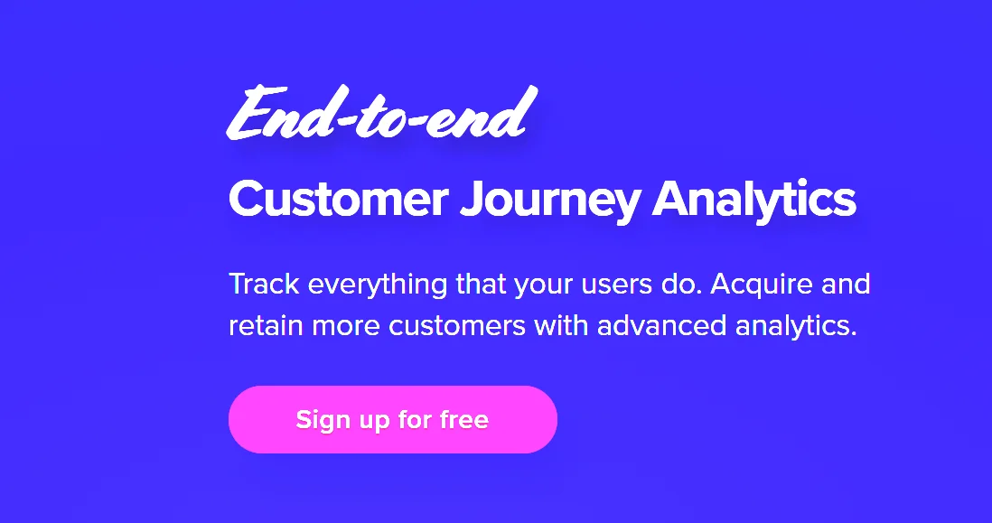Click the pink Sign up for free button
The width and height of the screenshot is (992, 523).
(x=392, y=419)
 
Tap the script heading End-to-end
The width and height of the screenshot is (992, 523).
(x=382, y=113)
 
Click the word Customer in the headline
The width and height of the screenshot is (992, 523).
(x=339, y=199)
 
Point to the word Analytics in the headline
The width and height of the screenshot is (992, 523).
(x=754, y=201)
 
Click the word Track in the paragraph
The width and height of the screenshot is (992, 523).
(x=264, y=284)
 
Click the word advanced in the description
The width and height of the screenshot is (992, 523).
(x=661, y=326)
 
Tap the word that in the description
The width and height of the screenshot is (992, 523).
(x=481, y=284)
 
